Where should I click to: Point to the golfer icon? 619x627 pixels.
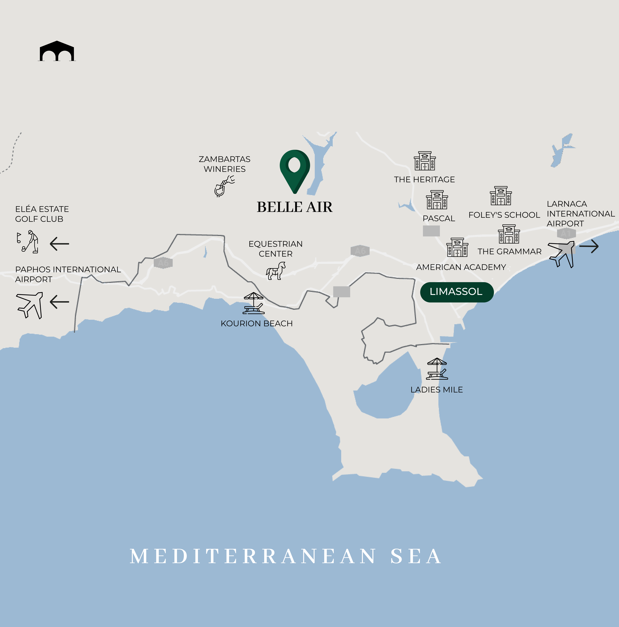[x=29, y=242]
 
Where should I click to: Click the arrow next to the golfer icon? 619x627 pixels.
[x=60, y=244]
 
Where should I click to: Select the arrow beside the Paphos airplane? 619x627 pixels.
[x=60, y=302]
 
